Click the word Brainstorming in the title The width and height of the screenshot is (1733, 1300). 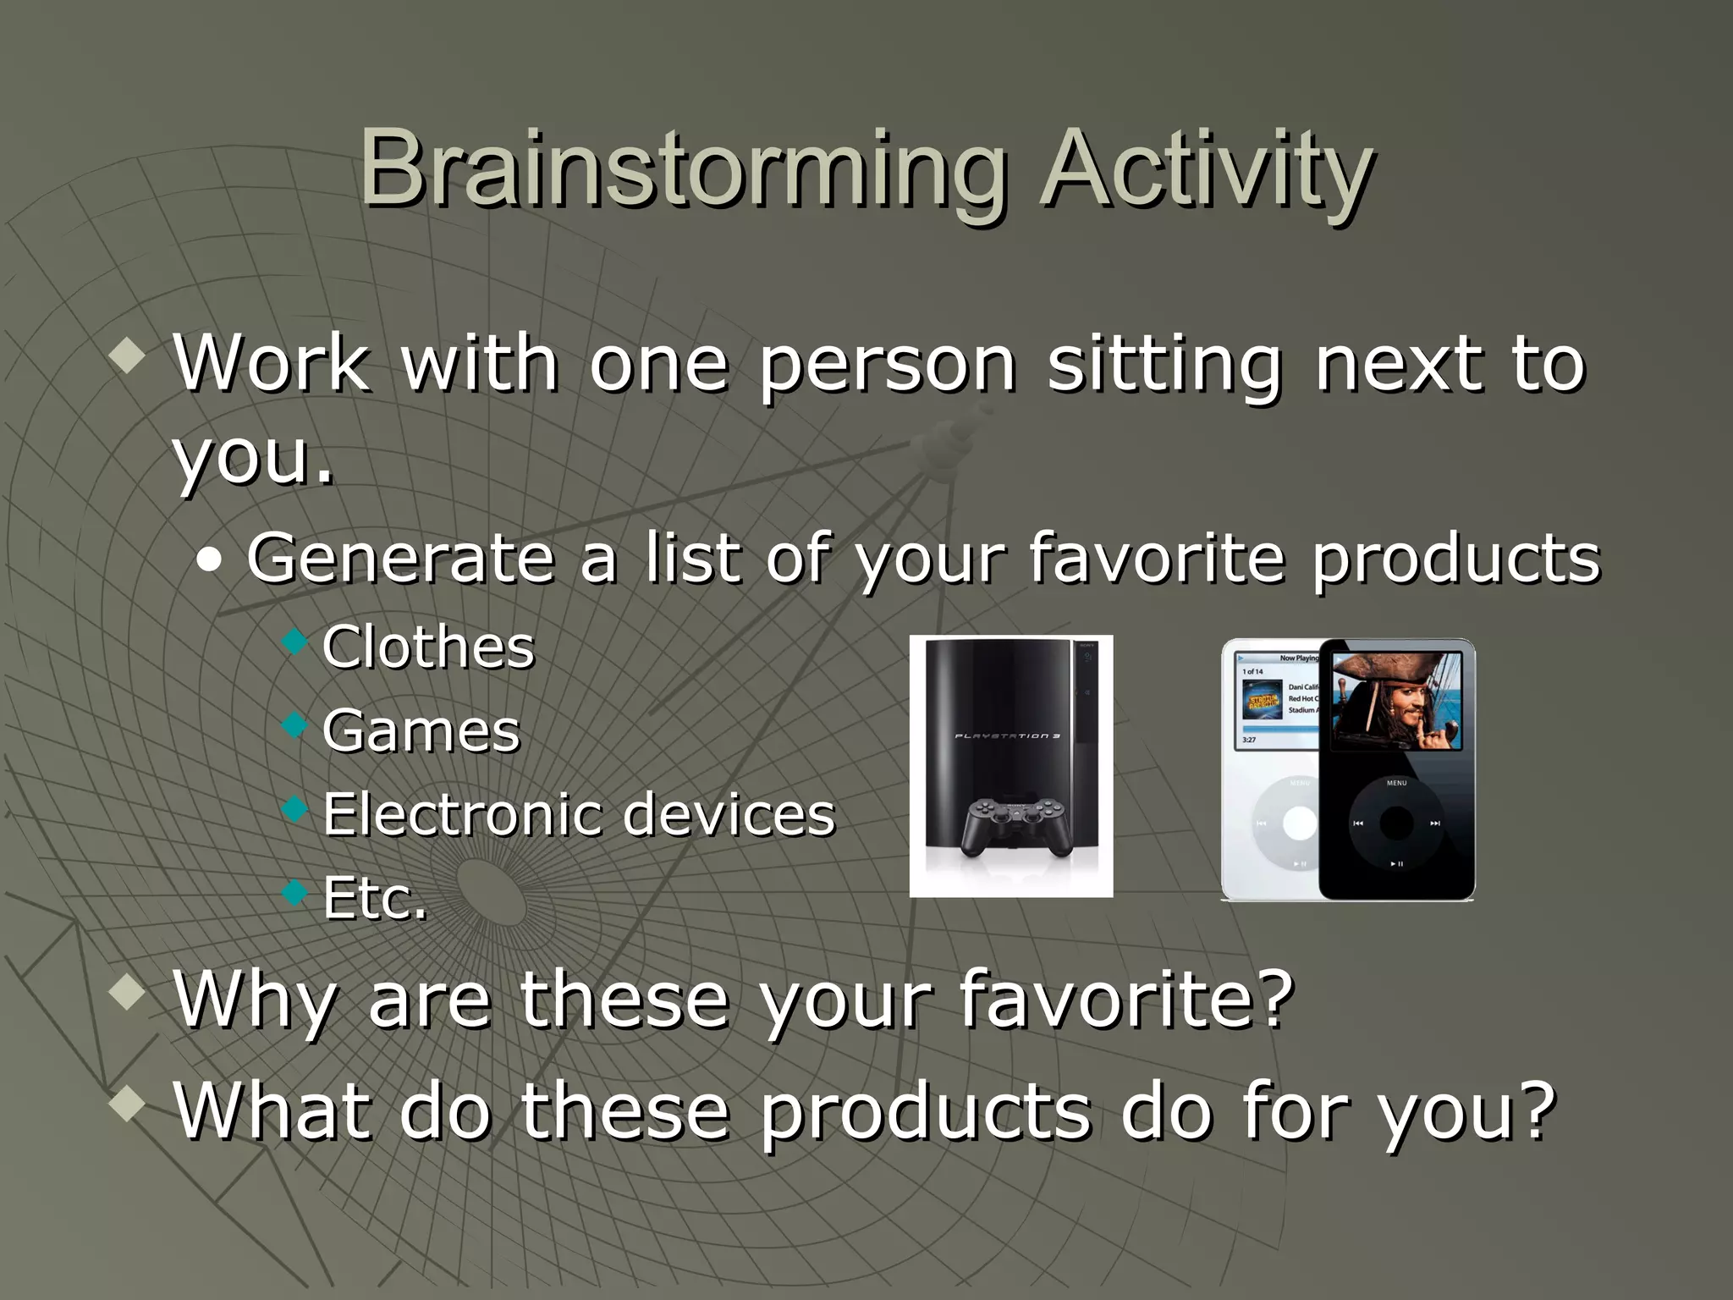(x=681, y=169)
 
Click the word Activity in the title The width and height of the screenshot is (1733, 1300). (x=1206, y=169)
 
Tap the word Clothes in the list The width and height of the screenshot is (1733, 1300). (x=428, y=647)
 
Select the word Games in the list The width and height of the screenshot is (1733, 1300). (x=421, y=731)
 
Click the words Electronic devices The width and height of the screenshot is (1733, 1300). (x=579, y=814)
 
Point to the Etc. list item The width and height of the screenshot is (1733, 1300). (x=374, y=898)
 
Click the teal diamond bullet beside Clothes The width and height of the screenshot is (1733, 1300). (x=294, y=641)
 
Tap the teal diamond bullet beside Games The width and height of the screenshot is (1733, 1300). (x=294, y=724)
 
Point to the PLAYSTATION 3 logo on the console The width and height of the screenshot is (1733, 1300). (x=1007, y=736)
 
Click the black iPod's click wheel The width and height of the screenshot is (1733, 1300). (x=1396, y=823)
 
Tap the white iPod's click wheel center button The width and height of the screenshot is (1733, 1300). (x=1299, y=823)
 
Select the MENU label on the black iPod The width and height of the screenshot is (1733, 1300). (x=1396, y=783)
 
